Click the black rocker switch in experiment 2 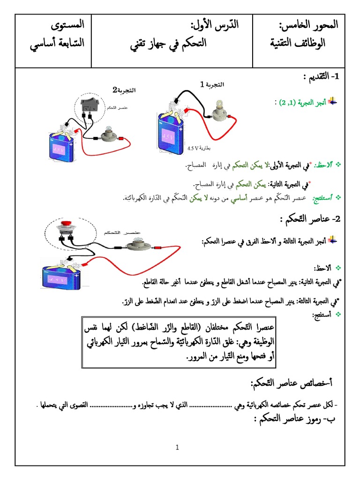point(89,105)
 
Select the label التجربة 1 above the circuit point(212,84)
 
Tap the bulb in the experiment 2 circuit point(107,135)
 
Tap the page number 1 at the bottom point(178,447)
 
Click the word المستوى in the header point(68,24)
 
